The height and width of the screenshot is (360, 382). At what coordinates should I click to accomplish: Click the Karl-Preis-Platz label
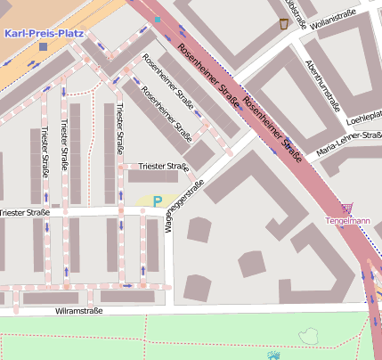[44, 33]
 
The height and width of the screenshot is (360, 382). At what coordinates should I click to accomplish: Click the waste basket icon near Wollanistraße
[284, 24]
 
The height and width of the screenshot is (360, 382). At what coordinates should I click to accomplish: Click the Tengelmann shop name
[347, 220]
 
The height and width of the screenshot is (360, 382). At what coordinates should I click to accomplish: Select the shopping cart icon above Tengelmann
[346, 208]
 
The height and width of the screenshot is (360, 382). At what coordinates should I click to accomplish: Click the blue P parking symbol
[158, 201]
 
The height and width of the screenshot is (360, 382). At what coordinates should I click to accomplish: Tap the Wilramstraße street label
[79, 311]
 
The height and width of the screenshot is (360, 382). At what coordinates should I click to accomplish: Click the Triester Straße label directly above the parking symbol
[165, 167]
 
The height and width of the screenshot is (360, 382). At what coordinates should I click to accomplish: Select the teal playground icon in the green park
[272, 355]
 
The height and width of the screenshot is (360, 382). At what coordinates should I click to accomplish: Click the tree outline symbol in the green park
[309, 335]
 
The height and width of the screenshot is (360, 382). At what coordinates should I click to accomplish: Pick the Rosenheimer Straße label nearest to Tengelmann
[272, 129]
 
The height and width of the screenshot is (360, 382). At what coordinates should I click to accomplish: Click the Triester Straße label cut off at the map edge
[24, 213]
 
